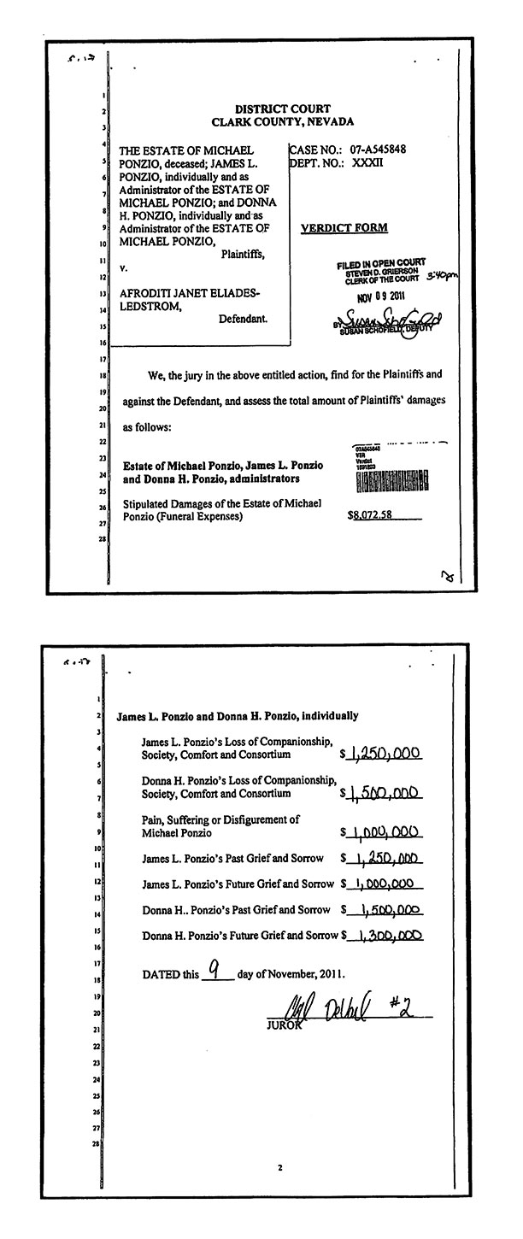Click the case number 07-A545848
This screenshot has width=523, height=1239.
click(x=377, y=149)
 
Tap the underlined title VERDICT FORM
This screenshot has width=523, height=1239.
click(x=344, y=228)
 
